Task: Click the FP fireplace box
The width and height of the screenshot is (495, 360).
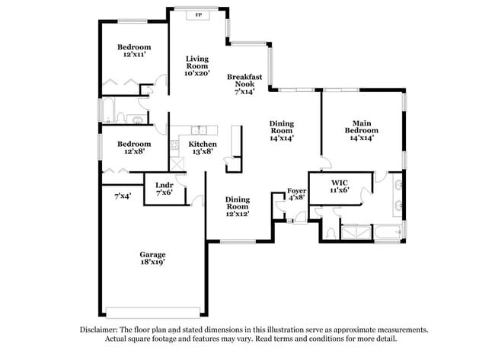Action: coord(199,14)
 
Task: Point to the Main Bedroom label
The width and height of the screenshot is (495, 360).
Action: coord(361,126)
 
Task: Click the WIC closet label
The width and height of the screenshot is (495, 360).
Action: coord(340,183)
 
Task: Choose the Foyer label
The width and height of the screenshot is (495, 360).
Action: coord(296,191)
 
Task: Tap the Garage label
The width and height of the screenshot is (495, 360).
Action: coord(152,254)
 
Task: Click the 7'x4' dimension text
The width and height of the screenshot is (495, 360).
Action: coord(123,196)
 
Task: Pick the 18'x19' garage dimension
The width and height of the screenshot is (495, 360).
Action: coord(152,262)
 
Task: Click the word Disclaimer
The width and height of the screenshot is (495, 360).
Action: coord(99,330)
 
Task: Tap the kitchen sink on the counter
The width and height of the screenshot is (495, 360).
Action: coord(197,130)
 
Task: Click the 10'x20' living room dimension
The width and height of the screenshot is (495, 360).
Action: coord(198,75)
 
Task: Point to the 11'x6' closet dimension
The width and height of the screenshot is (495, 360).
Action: coord(340,192)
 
